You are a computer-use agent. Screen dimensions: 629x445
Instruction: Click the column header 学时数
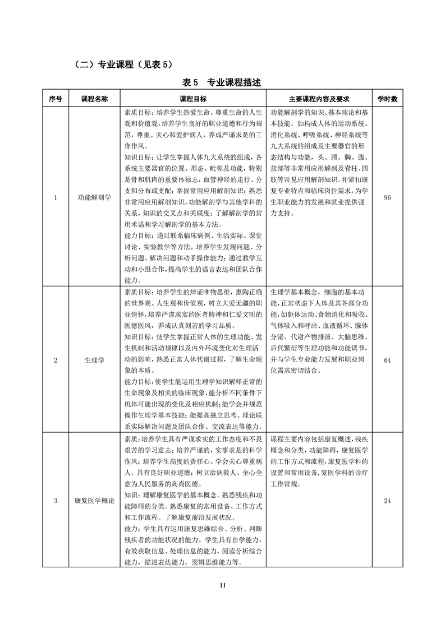(x=387, y=99)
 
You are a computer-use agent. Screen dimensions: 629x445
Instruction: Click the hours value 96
(x=387, y=197)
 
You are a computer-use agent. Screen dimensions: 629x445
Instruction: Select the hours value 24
(x=387, y=501)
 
